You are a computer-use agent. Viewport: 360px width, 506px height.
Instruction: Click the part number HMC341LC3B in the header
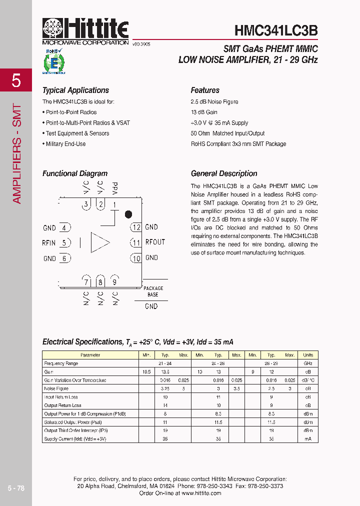pyautogui.click(x=276, y=30)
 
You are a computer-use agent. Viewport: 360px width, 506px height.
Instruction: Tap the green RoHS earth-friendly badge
pyautogui.click(x=53, y=62)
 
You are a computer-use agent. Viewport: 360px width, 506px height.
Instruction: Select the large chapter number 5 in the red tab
pyautogui.click(x=16, y=80)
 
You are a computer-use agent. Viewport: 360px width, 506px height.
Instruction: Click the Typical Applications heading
pyautogui.click(x=75, y=90)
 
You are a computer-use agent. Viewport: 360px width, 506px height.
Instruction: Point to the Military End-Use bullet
pyautogui.click(x=65, y=144)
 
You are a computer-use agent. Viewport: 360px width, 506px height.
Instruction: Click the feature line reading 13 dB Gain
pyautogui.click(x=204, y=112)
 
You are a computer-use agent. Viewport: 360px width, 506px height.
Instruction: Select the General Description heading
pyautogui.click(x=224, y=174)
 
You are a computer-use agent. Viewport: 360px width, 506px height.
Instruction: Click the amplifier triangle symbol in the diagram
pyautogui.click(x=99, y=242)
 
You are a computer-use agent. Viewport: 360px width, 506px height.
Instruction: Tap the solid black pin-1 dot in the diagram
pyautogui.click(x=128, y=214)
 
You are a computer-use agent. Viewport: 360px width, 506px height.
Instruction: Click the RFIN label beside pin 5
pyautogui.click(x=49, y=243)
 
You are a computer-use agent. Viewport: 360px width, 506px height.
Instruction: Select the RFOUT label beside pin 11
pyautogui.click(x=155, y=242)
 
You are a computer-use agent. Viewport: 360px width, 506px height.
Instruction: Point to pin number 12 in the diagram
pyautogui.click(x=136, y=227)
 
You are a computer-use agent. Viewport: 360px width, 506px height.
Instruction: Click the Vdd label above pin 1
pyautogui.click(x=115, y=189)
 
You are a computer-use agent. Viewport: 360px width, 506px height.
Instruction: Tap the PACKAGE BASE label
pyautogui.click(x=153, y=291)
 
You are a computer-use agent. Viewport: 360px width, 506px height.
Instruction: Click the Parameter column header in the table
pyautogui.click(x=90, y=355)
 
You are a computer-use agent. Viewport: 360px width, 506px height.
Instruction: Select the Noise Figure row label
pyautogui.click(x=56, y=388)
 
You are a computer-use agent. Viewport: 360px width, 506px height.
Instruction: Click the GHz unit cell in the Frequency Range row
pyautogui.click(x=308, y=363)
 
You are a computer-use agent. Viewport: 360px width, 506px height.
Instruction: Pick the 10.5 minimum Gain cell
pyautogui.click(x=146, y=372)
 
